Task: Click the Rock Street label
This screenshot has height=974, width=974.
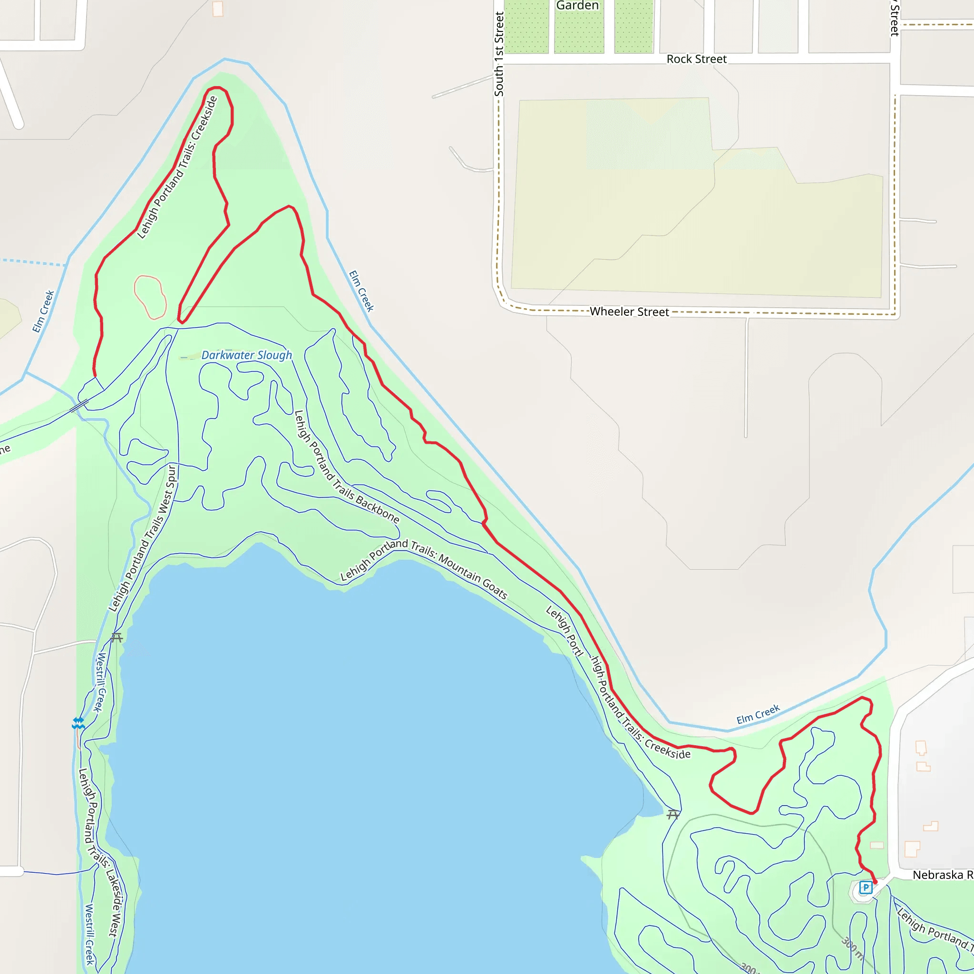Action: point(696,59)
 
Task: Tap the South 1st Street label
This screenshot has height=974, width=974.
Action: point(498,54)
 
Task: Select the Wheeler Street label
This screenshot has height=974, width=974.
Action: point(629,312)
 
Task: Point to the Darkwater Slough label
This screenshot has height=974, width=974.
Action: point(246,355)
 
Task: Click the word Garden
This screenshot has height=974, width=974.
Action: point(577,6)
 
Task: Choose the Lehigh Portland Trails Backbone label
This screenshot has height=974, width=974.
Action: point(346,467)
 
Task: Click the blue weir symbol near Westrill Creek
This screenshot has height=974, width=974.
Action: point(78,723)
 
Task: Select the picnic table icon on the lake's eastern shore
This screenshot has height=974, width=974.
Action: point(673,814)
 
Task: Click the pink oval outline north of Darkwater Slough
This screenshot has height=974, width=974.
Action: point(150,297)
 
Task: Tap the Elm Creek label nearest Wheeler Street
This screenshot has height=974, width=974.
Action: point(361,291)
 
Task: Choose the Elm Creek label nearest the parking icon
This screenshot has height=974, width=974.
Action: point(758,714)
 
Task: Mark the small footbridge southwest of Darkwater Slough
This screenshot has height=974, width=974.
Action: point(79,406)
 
